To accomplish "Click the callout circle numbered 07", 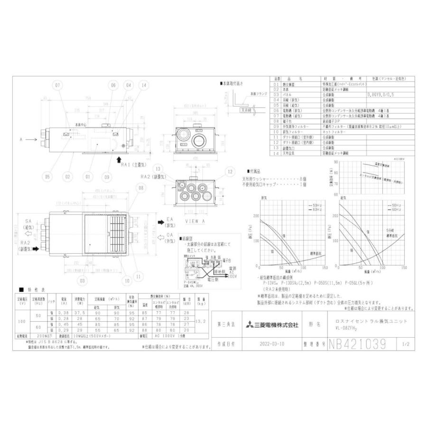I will pyautogui.click(x=58, y=85).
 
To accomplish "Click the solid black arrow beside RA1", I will pyautogui.click(x=118, y=161).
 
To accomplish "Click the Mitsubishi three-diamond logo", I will pyautogui.click(x=250, y=325).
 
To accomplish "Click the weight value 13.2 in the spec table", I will pyautogui.click(x=202, y=321).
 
